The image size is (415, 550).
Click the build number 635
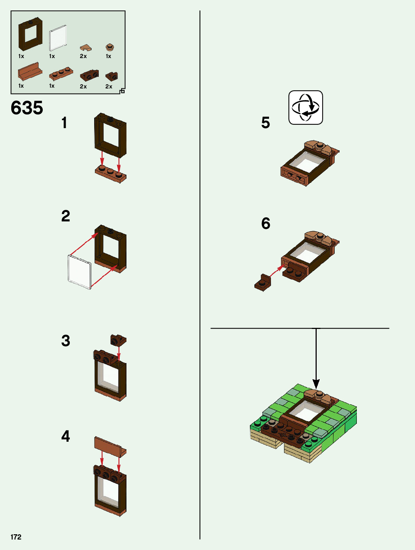[27, 108]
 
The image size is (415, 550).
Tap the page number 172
[16, 537]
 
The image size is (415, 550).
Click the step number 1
[65, 123]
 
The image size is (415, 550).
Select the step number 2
[66, 216]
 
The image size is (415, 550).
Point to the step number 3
[66, 341]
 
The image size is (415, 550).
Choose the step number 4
[66, 436]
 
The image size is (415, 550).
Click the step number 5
[266, 123]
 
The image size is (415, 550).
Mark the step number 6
[266, 224]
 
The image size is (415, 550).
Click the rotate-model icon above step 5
[305, 108]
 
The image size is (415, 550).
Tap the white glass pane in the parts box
[58, 38]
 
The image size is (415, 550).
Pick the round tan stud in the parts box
[110, 48]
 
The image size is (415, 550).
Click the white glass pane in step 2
[80, 272]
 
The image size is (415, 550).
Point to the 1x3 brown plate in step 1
[111, 174]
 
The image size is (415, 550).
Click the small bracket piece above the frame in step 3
[118, 340]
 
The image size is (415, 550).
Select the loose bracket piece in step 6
[263, 283]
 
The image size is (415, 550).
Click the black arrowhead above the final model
[316, 384]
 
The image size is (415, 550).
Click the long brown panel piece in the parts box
[30, 72]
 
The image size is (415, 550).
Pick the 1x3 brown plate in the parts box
[61, 73]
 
